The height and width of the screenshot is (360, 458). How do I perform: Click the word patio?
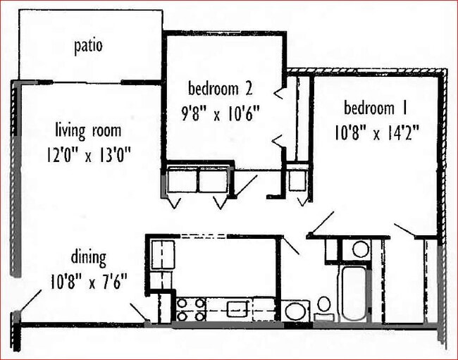point(89,46)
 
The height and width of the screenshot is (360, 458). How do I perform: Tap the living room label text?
point(87,130)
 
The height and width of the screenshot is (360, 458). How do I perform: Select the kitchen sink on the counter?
point(236,306)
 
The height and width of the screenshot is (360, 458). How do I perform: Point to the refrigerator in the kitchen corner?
point(163,252)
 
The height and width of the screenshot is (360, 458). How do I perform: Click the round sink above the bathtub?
point(360,248)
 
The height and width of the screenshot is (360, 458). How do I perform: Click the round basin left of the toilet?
point(297,310)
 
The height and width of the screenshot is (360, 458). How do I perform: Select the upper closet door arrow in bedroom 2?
point(279,91)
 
